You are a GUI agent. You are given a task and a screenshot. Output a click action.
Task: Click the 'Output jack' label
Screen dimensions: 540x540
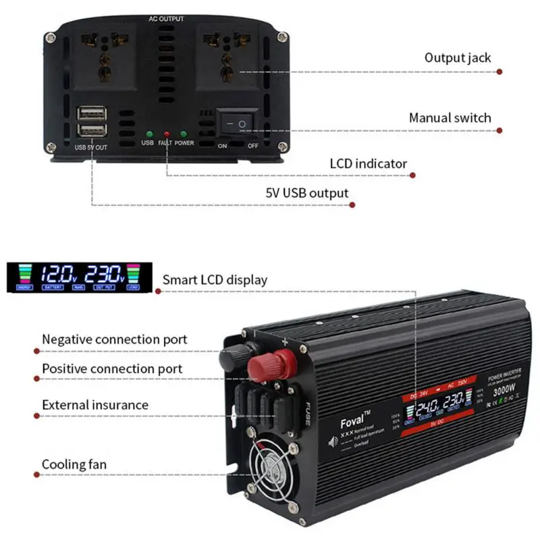coord(457,57)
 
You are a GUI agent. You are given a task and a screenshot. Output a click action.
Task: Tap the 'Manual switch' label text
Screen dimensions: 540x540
coord(450,118)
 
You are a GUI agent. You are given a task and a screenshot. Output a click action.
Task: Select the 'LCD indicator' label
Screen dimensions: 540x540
coord(368,163)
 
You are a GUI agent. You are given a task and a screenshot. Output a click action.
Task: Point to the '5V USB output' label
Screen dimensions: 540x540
coord(306,194)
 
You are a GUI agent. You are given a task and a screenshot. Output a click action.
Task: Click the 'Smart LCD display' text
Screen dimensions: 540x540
coord(215,279)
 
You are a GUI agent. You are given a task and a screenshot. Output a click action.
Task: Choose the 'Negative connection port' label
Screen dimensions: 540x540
coord(115,340)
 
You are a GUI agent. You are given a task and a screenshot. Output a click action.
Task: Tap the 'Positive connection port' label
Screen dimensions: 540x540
coord(112,369)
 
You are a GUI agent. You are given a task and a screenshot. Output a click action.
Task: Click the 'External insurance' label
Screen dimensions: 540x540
coord(95,405)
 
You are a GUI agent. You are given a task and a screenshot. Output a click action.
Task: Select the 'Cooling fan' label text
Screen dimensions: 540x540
coord(74,464)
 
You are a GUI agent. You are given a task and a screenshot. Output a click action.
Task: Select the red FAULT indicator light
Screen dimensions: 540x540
coord(165,134)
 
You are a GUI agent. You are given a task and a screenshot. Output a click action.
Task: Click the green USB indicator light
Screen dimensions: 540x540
coord(147,134)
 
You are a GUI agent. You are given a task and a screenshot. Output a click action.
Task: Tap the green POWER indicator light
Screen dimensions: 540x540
coord(184,134)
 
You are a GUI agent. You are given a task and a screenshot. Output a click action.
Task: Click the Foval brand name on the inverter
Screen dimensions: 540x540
coord(354,419)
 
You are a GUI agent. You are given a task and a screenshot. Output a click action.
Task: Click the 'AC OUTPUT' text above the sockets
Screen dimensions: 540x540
coord(166,19)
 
